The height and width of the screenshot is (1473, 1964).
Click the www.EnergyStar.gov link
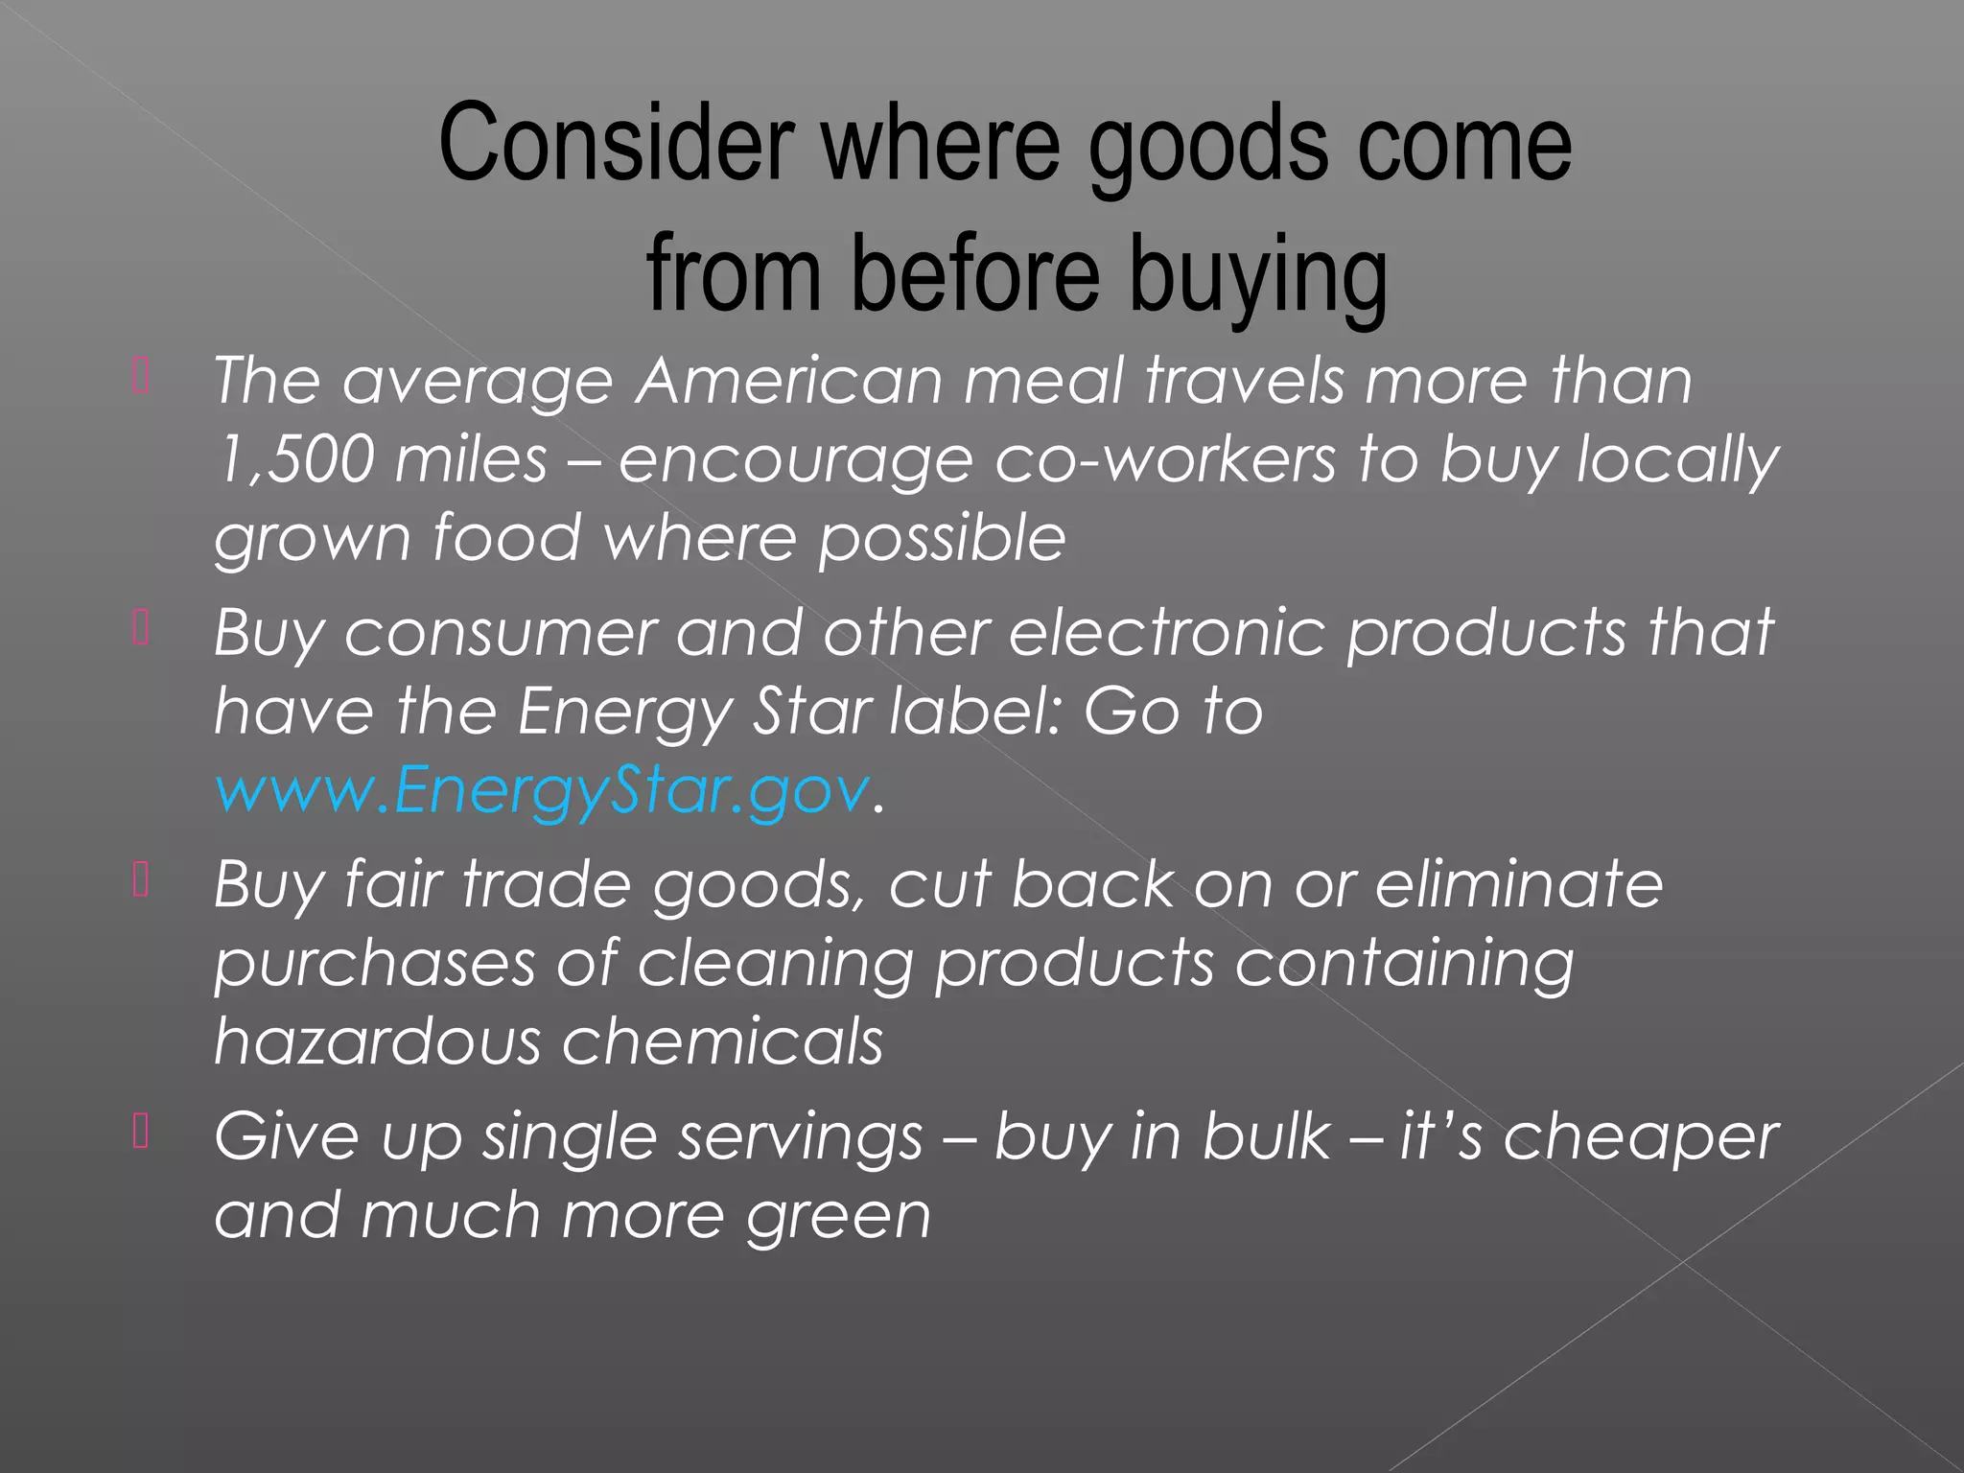(x=543, y=789)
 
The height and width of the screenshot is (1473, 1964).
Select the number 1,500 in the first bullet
(x=292, y=458)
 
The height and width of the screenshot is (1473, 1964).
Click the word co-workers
(x=1164, y=458)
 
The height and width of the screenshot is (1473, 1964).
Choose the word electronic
(x=1166, y=632)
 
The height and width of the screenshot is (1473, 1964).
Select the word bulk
(x=1267, y=1136)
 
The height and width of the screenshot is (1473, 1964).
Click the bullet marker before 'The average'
(x=141, y=376)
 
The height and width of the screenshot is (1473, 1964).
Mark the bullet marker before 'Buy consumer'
(x=141, y=628)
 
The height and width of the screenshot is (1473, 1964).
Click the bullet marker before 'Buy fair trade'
(x=141, y=879)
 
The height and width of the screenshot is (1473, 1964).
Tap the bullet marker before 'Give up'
(x=141, y=1132)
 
